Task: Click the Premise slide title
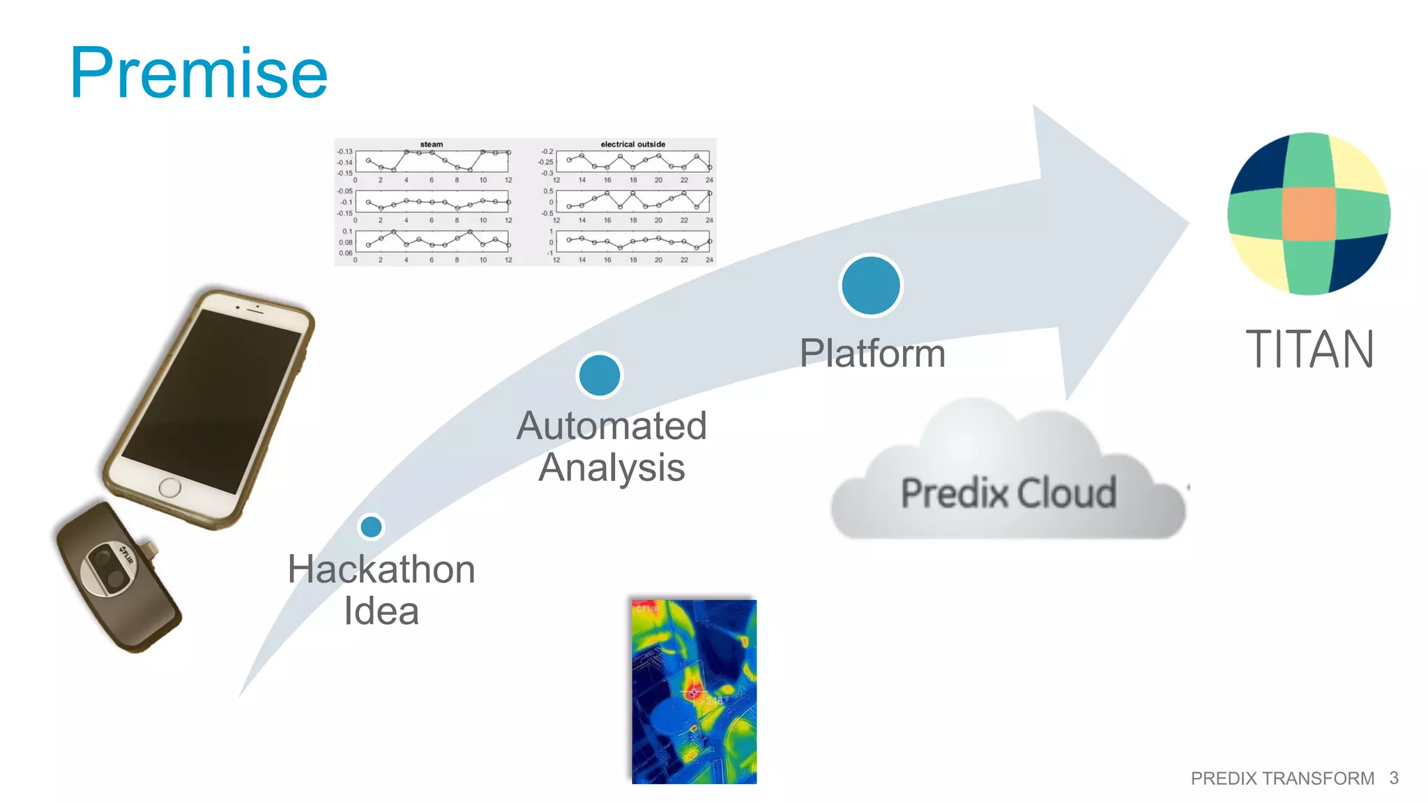[199, 73]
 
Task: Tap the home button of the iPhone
[169, 487]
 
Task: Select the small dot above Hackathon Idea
[371, 527]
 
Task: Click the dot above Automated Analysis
[600, 376]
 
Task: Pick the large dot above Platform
[870, 286]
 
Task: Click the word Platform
[872, 353]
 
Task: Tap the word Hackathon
[381, 569]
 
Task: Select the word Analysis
[612, 467]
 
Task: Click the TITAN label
[1309, 349]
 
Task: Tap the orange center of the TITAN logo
[1308, 213]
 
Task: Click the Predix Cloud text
[1008, 493]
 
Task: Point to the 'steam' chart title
[432, 144]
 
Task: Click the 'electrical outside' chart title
[632, 144]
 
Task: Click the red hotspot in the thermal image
[693, 691]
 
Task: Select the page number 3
[1393, 778]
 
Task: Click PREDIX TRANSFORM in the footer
[1282, 778]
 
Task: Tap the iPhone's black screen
[213, 401]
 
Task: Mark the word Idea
[381, 611]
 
